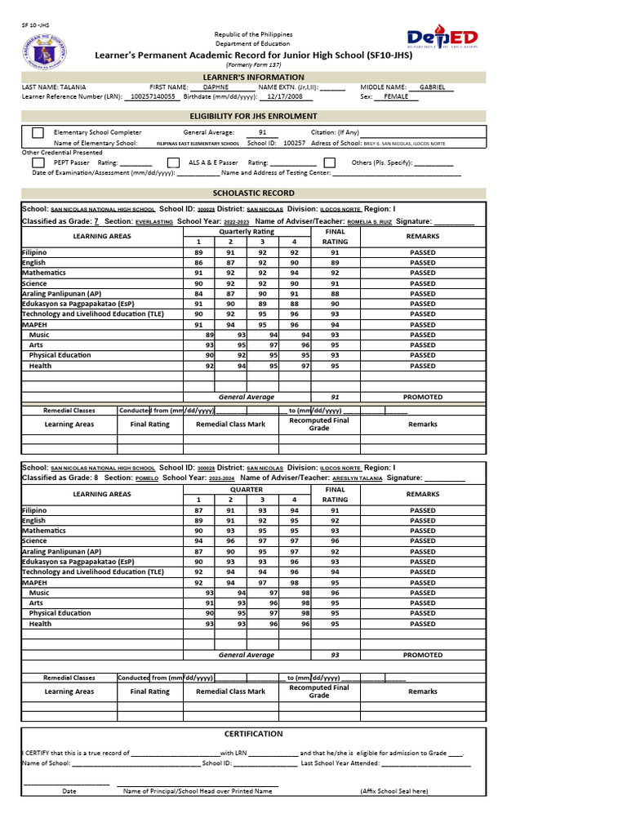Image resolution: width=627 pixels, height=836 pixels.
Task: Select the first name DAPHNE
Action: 216,87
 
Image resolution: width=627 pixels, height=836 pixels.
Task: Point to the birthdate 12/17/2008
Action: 273,96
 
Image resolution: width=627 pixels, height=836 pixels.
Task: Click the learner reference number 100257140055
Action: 153,96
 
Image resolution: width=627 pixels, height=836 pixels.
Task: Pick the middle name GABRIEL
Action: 432,87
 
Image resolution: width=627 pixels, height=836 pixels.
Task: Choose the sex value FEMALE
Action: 396,96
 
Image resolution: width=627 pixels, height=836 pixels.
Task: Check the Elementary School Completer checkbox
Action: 38,132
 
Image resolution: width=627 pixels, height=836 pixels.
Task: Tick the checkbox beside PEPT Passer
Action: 38,162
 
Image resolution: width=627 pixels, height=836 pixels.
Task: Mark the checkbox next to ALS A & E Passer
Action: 173,162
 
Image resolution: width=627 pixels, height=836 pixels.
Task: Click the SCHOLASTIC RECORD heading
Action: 253,193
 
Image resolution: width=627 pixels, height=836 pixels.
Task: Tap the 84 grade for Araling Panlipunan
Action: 198,294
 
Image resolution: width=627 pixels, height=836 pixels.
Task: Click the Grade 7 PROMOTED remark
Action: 422,397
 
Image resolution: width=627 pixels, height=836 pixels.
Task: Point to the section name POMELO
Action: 147,478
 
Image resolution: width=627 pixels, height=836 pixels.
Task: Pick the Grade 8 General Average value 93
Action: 335,655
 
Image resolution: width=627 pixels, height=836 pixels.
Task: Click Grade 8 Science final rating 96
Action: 335,541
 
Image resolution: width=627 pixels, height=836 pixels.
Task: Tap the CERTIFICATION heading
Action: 253,734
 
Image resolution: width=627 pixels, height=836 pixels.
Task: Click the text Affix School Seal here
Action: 394,791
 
